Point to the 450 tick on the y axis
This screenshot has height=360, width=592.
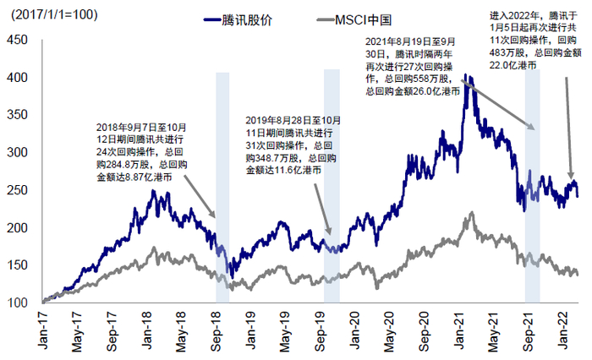pyautogui.click(x=18, y=39)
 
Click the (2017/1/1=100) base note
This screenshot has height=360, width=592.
pyautogui.click(x=49, y=15)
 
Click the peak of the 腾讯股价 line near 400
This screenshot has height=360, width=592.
pyautogui.click(x=468, y=76)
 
